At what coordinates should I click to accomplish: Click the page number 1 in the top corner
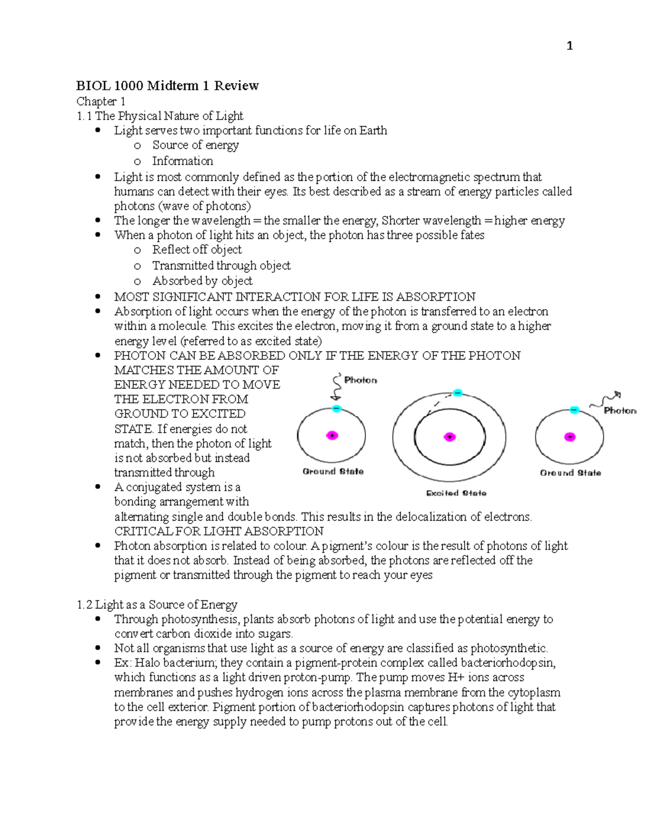pyautogui.click(x=569, y=46)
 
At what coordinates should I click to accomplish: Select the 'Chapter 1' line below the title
pyautogui.click(x=101, y=101)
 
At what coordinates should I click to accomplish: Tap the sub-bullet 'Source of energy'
pyautogui.click(x=195, y=145)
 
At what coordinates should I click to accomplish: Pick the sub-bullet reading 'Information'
pyautogui.click(x=182, y=161)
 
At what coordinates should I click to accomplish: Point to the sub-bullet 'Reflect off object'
pyautogui.click(x=197, y=249)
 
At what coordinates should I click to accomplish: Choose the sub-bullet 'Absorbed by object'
pyautogui.click(x=202, y=281)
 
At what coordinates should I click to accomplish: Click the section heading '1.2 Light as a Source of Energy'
pyautogui.click(x=157, y=604)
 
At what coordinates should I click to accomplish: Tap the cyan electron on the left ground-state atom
pyautogui.click(x=336, y=409)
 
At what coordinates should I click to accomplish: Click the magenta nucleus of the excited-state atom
pyautogui.click(x=449, y=437)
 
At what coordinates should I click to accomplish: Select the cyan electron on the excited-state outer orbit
pyautogui.click(x=458, y=393)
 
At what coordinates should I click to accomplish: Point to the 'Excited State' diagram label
pyautogui.click(x=456, y=493)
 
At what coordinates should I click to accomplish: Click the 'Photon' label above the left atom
pyautogui.click(x=360, y=380)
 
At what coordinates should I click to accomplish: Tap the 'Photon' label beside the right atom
pyautogui.click(x=620, y=411)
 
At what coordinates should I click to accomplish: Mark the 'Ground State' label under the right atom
pyautogui.click(x=570, y=473)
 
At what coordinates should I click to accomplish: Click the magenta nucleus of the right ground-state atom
pyautogui.click(x=569, y=437)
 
